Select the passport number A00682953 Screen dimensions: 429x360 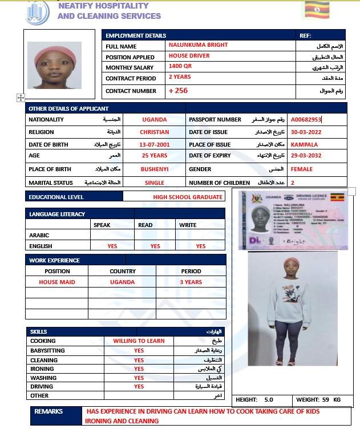click(306, 120)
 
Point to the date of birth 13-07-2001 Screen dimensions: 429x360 click(154, 145)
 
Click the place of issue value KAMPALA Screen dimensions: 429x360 click(304, 145)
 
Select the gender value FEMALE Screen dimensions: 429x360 click(301, 169)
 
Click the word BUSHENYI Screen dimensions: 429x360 click(154, 169)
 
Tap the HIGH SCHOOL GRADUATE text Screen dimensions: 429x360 click(188, 197)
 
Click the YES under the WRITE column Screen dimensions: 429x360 click(201, 246)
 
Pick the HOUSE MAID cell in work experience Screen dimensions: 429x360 click(56, 282)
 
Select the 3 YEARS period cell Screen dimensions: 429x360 click(191, 282)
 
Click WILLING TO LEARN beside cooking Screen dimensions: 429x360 click(139, 341)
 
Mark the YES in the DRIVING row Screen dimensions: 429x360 click(139, 386)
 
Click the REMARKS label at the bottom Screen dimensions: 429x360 click(48, 411)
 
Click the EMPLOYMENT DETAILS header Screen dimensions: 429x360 click(136, 35)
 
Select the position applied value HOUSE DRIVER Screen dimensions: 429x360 click(189, 56)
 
